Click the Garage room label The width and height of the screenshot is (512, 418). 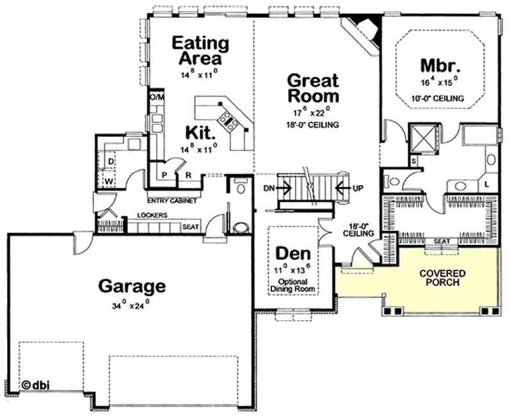131,285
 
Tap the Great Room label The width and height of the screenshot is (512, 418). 312,88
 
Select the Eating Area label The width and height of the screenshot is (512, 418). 202,51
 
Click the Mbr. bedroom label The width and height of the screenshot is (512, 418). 441,66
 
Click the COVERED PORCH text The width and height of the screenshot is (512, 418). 442,278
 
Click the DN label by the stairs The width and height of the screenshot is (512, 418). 269,188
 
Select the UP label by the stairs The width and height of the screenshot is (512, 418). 358,188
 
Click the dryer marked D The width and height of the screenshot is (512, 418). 110,162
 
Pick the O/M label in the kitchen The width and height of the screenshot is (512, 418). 157,97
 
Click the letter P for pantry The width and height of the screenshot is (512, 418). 164,174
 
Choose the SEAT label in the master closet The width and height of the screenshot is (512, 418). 440,241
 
